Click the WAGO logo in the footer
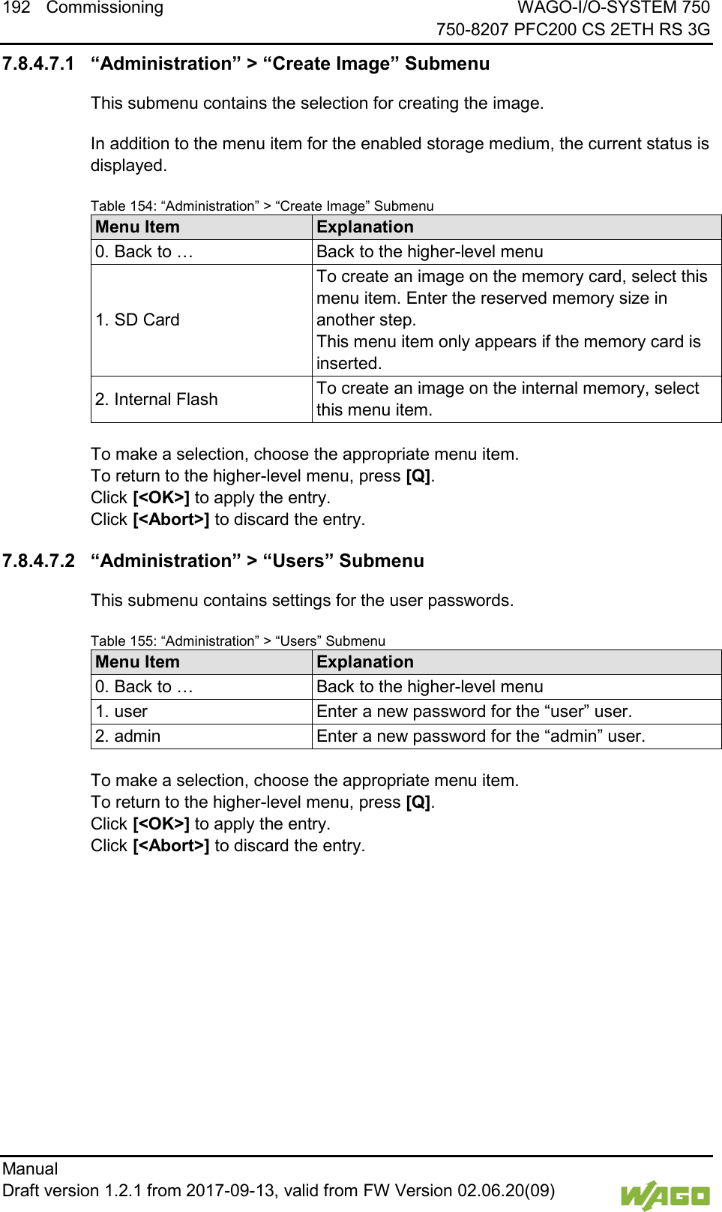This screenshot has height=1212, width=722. tap(664, 1195)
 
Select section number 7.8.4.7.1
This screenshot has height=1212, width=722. tap(39, 64)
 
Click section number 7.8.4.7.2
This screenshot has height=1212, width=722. tap(39, 561)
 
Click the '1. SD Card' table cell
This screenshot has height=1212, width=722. tap(138, 320)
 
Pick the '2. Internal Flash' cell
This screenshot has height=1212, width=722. tap(157, 400)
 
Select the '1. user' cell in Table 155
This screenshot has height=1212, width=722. tap(121, 712)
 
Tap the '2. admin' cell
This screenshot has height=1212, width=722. tap(128, 736)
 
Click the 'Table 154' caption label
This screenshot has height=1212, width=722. tap(123, 206)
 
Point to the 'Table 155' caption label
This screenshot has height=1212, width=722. tap(123, 641)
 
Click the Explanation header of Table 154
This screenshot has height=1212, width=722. tap(365, 227)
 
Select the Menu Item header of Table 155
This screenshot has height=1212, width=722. tap(138, 662)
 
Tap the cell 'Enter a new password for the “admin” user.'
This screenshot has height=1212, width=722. tap(481, 736)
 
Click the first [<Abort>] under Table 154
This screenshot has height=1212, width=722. tap(171, 520)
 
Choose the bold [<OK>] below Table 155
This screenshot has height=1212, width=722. tap(161, 824)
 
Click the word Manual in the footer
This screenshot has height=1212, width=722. tap(30, 1168)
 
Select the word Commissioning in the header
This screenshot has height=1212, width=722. tap(105, 7)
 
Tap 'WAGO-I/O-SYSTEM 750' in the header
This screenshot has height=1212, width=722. tap(613, 7)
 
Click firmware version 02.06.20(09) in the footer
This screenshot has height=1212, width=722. tap(506, 1191)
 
